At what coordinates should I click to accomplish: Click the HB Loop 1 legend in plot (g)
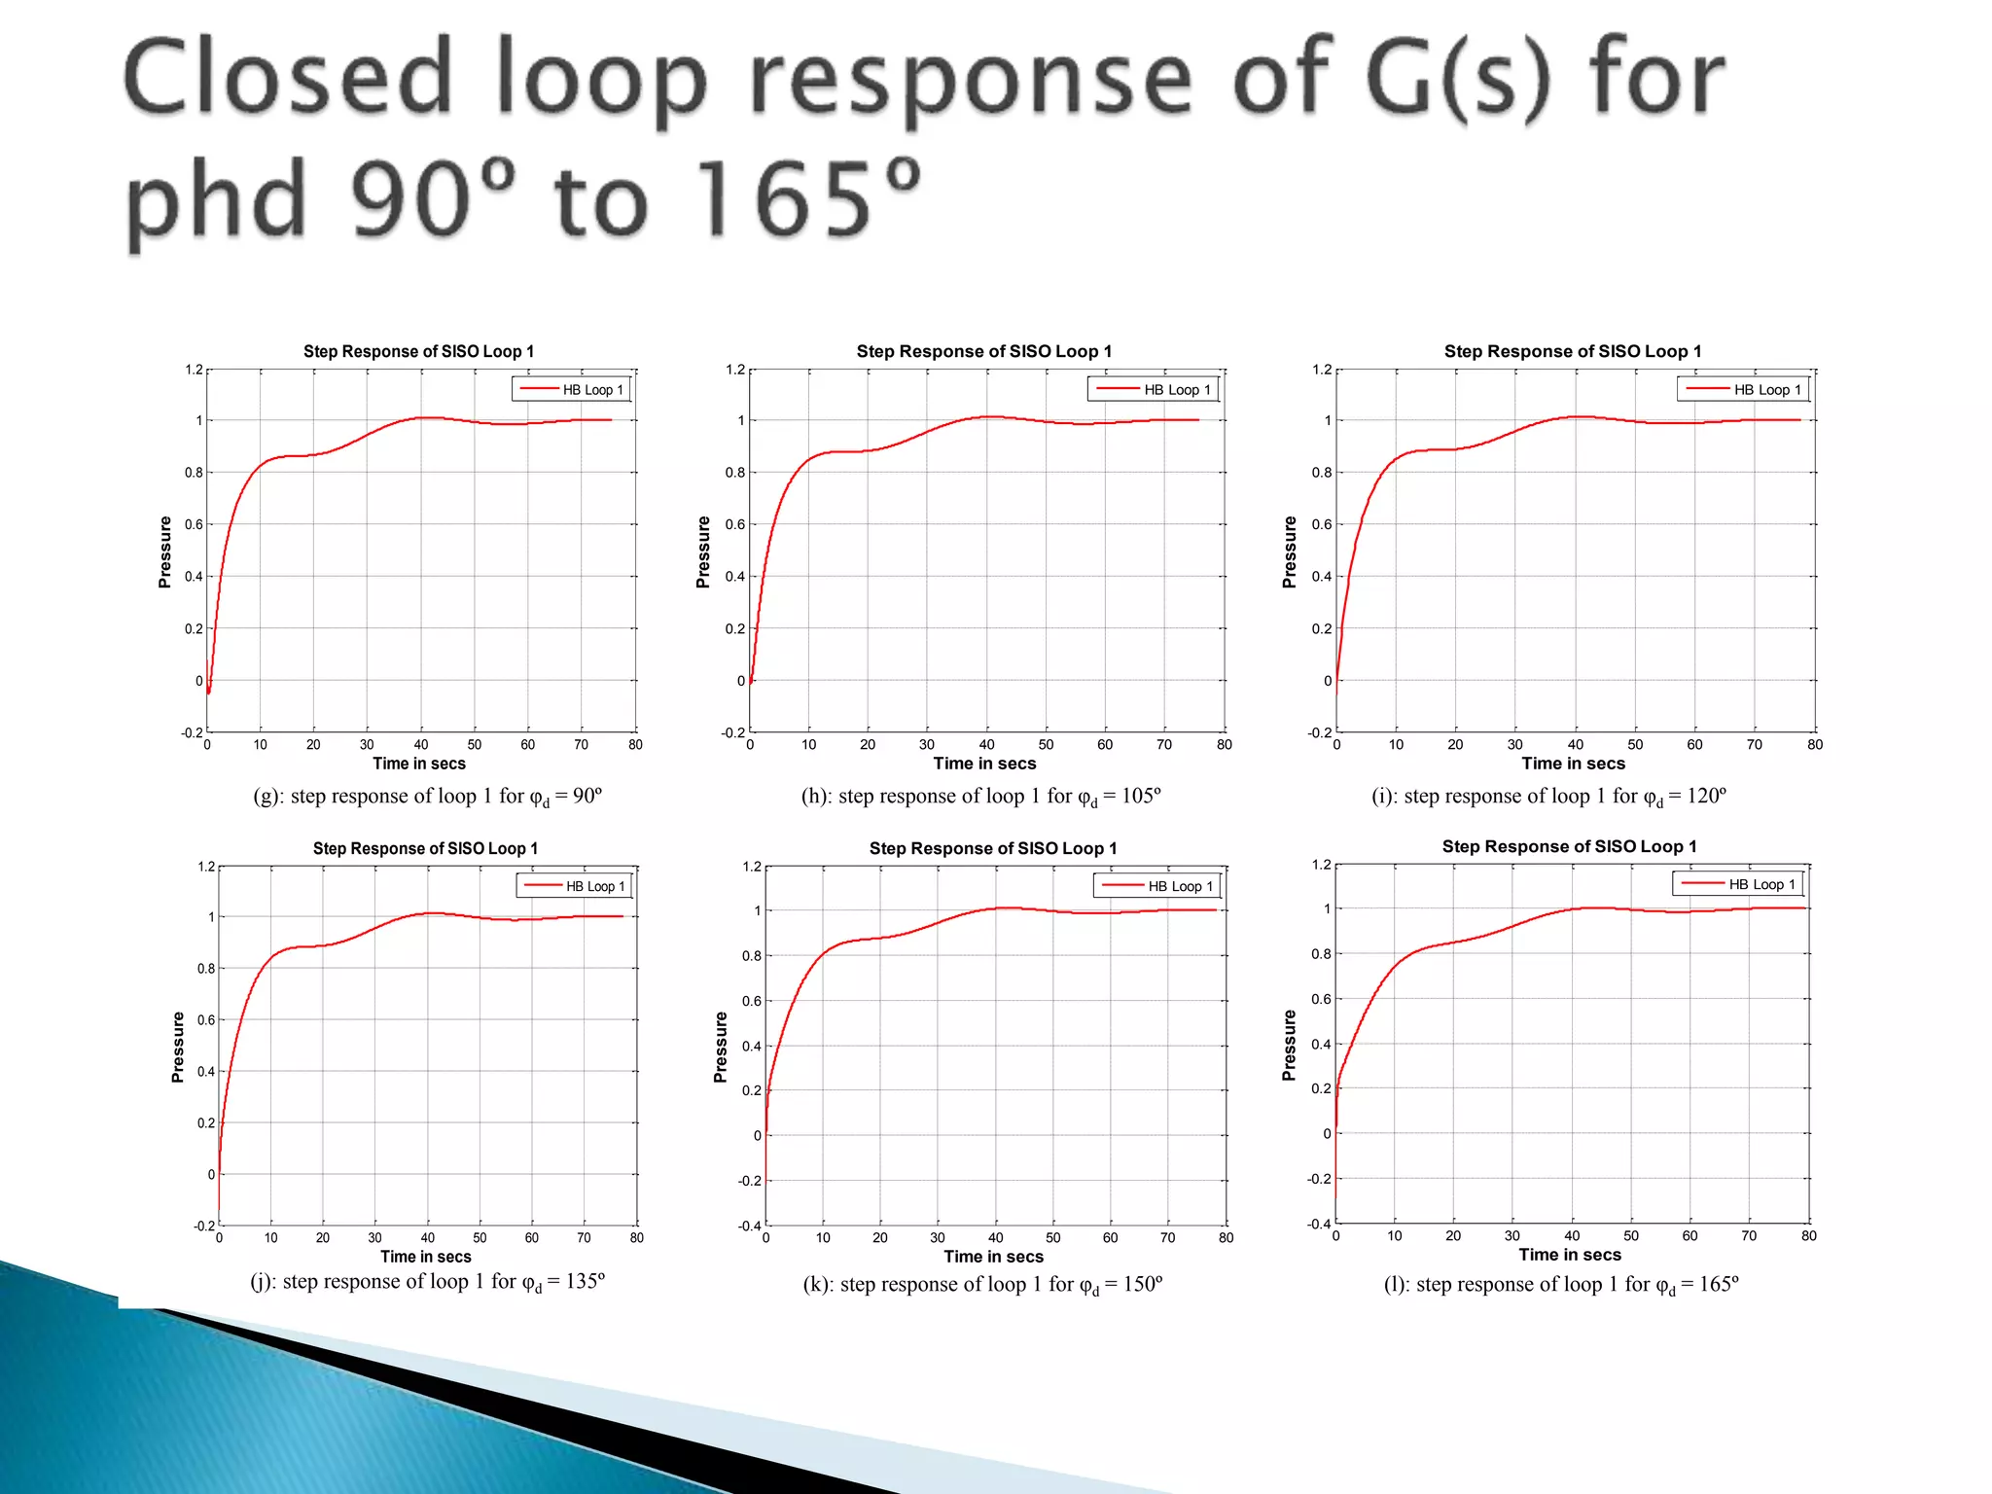point(572,390)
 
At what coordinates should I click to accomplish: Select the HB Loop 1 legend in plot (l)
point(1739,884)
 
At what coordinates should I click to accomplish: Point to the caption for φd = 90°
point(428,797)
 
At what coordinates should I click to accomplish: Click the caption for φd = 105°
point(980,797)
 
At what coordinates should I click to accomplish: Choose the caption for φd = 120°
point(1548,797)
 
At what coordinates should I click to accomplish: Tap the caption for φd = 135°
point(428,1282)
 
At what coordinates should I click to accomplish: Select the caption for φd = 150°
point(982,1285)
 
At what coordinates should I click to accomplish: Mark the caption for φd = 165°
point(1561,1285)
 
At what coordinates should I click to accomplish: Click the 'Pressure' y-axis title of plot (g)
point(165,551)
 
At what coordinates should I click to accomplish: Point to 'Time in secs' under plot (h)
point(984,764)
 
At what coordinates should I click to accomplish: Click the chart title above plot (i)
point(1573,351)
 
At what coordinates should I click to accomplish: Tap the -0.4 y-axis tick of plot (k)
point(751,1226)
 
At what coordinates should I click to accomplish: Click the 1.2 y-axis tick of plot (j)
point(206,867)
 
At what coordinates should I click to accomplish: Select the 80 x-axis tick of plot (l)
point(1808,1236)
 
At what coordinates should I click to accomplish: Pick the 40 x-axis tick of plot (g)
point(421,745)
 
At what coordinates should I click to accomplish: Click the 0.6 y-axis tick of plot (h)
point(734,524)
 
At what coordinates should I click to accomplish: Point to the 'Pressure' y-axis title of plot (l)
point(1290,1045)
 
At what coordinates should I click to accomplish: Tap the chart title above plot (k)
point(993,848)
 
